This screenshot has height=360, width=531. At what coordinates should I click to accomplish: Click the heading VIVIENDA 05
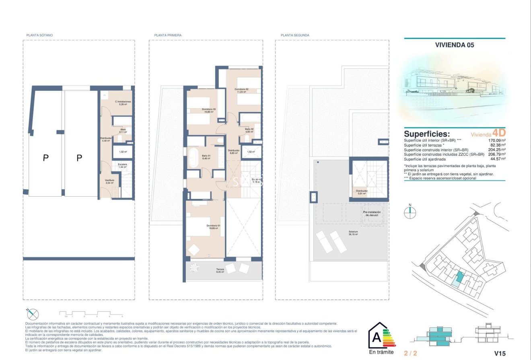(455, 45)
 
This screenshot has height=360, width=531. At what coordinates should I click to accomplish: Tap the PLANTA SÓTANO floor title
(39, 35)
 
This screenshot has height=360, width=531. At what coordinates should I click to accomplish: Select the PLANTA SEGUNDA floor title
(295, 35)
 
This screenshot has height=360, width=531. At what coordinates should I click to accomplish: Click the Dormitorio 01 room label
(213, 226)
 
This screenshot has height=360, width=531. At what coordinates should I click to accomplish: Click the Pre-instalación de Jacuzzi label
(371, 214)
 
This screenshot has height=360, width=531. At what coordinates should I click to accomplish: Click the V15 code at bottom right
(499, 353)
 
